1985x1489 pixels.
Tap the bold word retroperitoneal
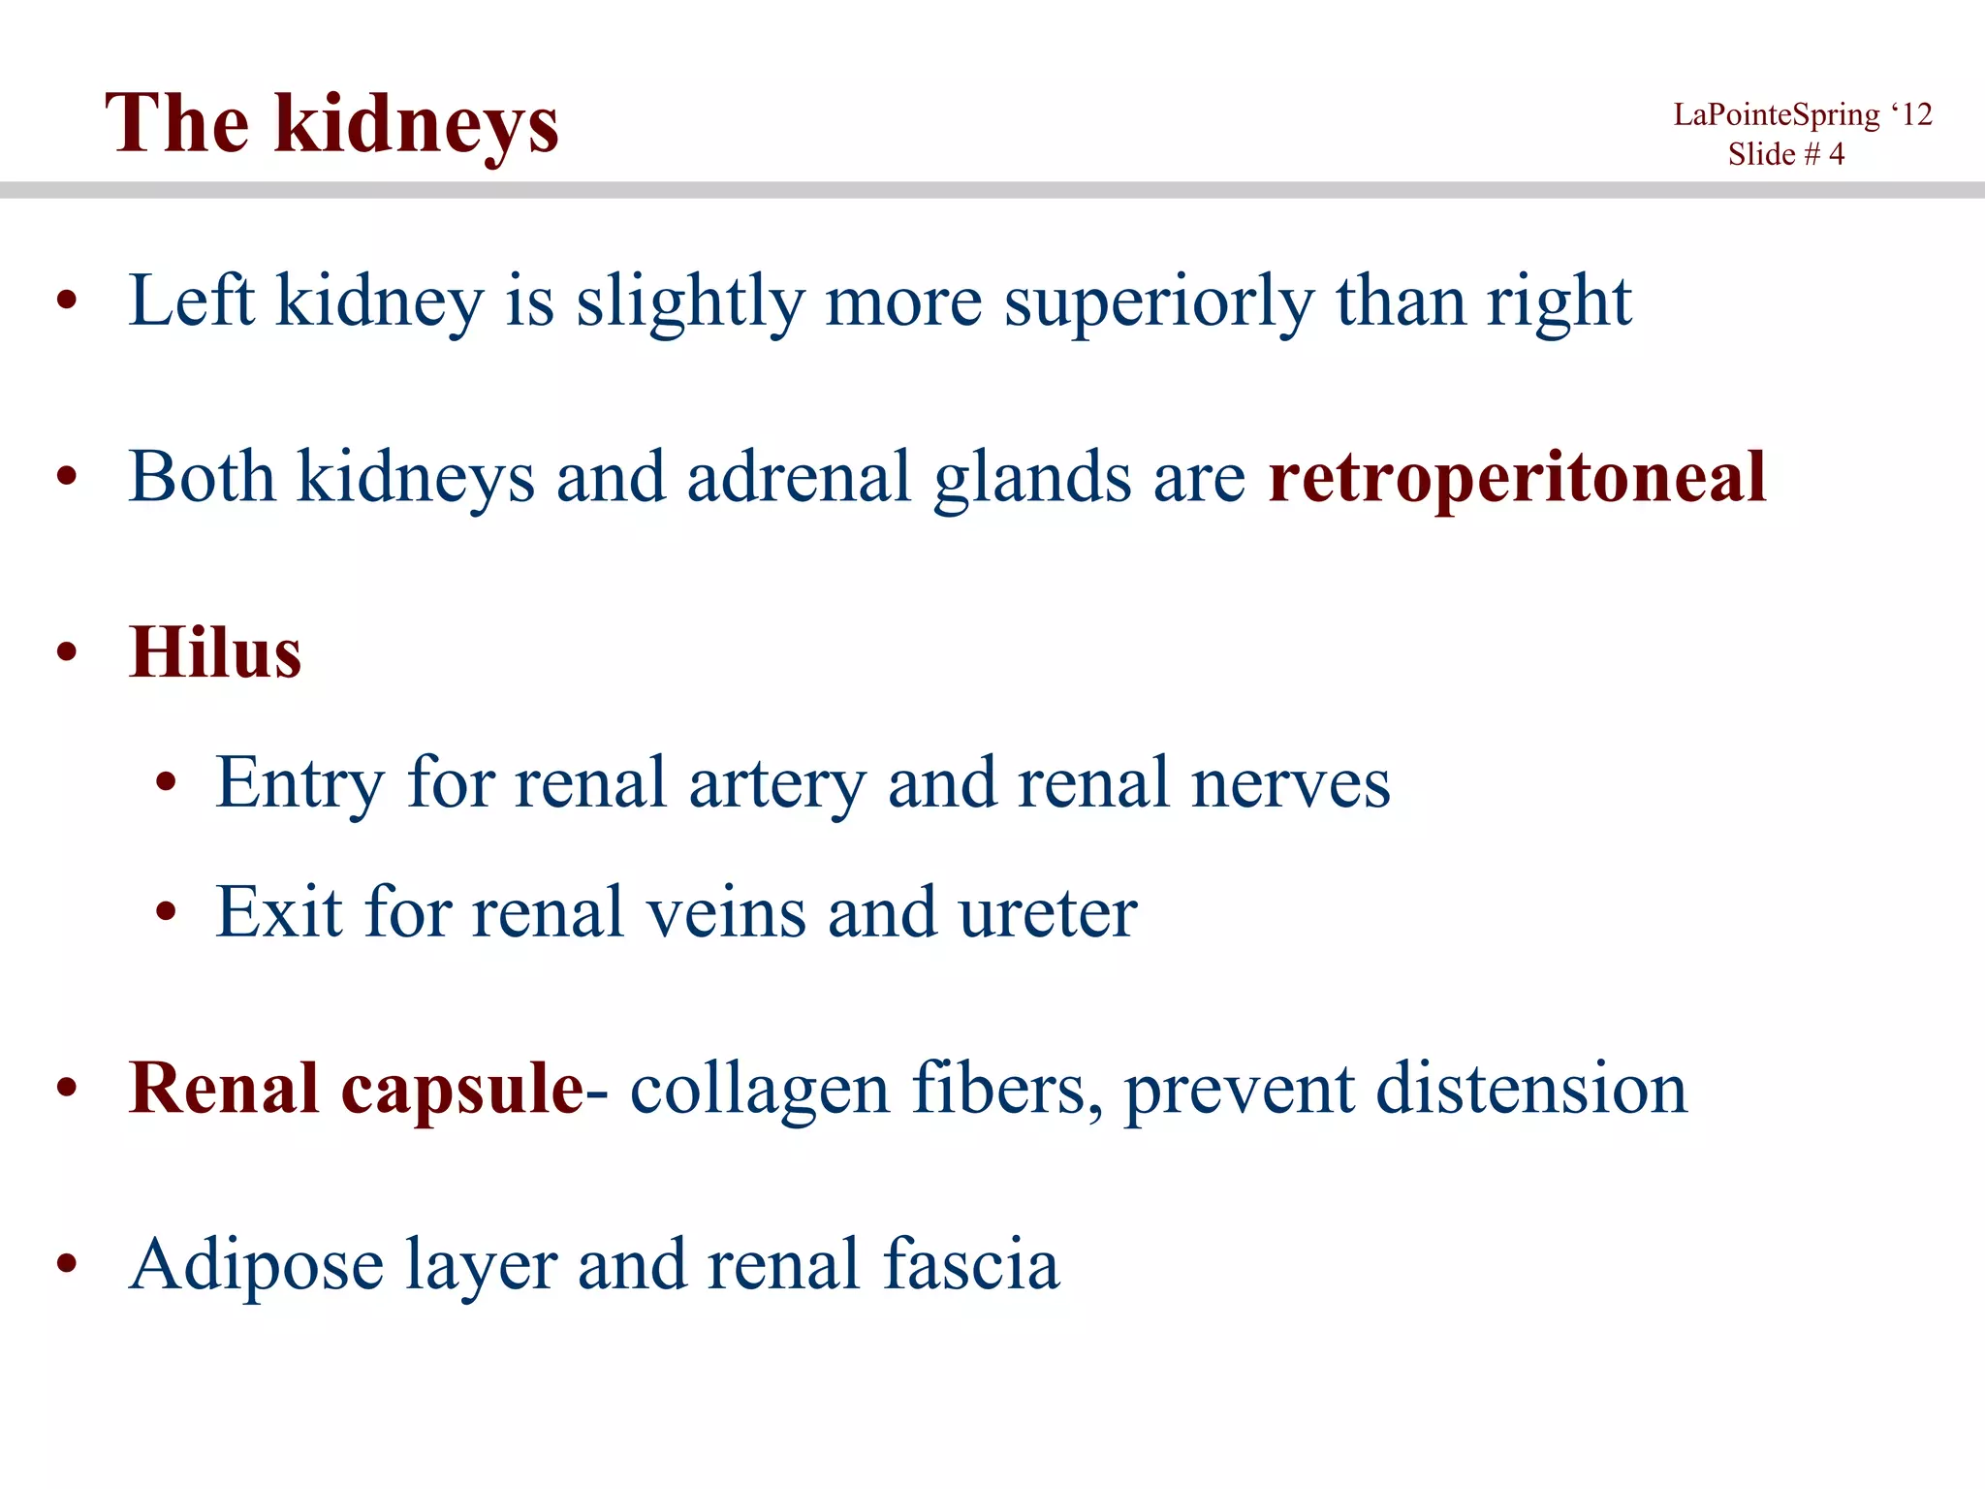pos(1517,477)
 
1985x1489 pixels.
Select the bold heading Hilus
pos(215,652)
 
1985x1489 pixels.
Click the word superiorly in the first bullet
pos(1158,301)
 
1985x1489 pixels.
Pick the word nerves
pos(1290,782)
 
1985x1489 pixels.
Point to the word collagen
pos(759,1089)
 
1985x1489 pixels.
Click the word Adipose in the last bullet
pos(257,1265)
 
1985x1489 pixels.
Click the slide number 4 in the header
pos(1836,154)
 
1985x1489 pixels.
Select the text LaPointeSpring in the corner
pos(1776,115)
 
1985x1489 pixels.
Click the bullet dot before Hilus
pos(66,652)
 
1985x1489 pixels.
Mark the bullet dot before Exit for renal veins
pos(167,912)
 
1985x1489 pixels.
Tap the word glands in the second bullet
pos(1032,477)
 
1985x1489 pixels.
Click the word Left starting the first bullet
pos(191,301)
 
